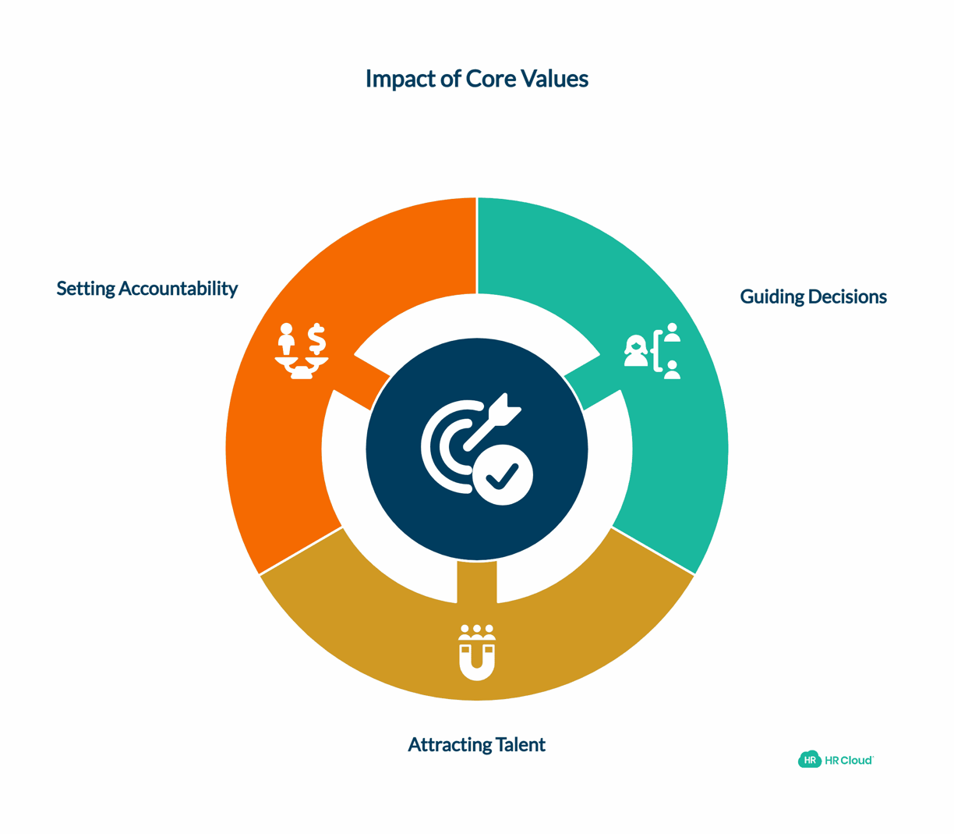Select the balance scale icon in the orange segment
pyautogui.click(x=302, y=352)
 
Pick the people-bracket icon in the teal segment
pyautogui.click(x=653, y=351)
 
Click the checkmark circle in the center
pyautogui.click(x=503, y=475)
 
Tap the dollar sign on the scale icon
pyautogui.click(x=316, y=339)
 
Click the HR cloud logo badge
pyautogui.click(x=810, y=760)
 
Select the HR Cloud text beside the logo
pyautogui.click(x=849, y=760)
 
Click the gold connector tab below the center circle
pyautogui.click(x=477, y=581)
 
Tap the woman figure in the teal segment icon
pyautogui.click(x=636, y=351)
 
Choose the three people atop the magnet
pyautogui.click(x=477, y=632)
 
